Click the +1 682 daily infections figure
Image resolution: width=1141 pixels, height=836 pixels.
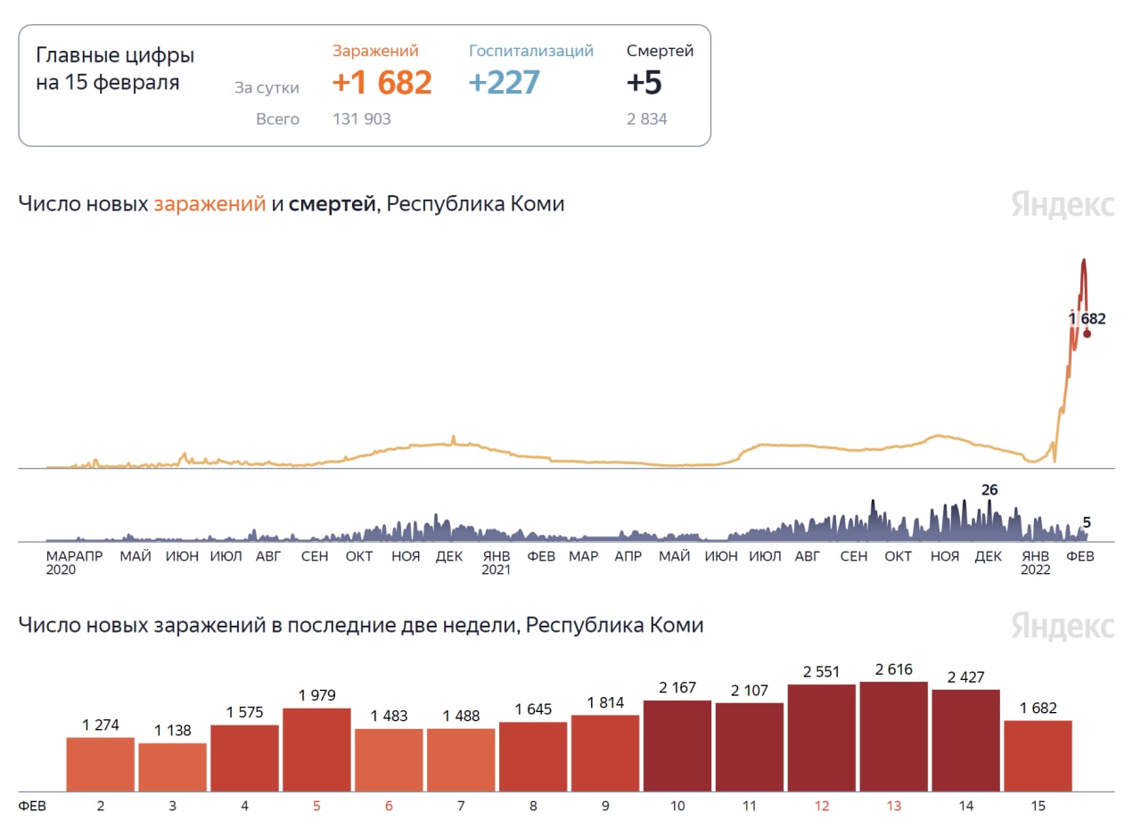[382, 83]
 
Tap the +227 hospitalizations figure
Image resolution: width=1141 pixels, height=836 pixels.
[504, 83]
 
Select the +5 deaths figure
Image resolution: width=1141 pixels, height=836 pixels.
[644, 83]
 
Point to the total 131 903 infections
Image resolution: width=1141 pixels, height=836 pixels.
[361, 119]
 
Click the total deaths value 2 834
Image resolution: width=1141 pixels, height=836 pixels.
[646, 119]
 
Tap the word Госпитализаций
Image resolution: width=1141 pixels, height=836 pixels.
[531, 51]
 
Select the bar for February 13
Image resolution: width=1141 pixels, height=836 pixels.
[893, 736]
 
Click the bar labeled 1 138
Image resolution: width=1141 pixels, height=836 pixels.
[172, 766]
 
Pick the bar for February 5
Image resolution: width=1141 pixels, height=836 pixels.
[316, 749]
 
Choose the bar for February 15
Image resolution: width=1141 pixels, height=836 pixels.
[1038, 755]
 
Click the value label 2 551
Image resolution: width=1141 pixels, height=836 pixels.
[821, 671]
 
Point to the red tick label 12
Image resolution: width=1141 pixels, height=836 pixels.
[821, 806]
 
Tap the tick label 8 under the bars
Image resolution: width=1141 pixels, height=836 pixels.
[533, 806]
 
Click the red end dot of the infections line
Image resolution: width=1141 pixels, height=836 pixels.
[1087, 333]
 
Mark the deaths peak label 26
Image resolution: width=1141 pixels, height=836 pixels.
[989, 489]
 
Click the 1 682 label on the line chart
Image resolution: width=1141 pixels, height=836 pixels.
[1087, 318]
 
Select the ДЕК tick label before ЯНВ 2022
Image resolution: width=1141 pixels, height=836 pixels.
[988, 556]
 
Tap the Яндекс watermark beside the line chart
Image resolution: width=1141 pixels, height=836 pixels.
[1063, 204]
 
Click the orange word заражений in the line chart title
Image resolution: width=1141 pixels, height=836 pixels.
[209, 204]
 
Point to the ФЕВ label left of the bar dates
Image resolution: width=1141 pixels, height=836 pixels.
[32, 806]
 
